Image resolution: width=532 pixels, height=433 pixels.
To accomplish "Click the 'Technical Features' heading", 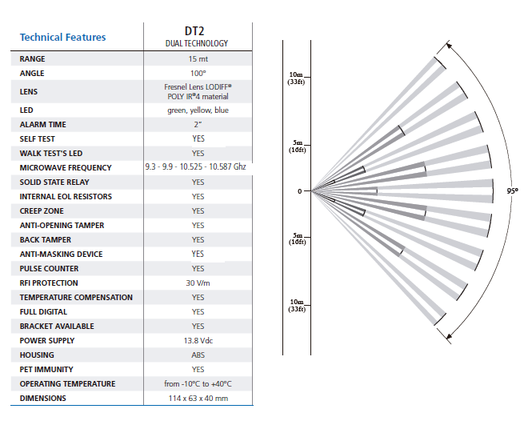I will (62, 37).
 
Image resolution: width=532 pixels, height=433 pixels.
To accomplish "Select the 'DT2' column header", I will (196, 31).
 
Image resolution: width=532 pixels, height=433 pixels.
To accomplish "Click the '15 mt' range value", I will (198, 59).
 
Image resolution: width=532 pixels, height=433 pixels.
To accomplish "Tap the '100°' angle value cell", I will (198, 74).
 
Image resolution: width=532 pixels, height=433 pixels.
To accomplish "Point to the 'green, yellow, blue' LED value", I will (198, 110).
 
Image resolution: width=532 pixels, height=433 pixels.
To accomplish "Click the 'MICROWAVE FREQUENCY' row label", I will (66, 168).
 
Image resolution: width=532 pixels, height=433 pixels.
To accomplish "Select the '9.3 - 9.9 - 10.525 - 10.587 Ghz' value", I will (197, 168).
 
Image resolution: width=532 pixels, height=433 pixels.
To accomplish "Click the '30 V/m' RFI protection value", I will (198, 283).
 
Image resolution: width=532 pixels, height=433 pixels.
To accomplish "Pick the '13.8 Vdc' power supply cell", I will (198, 341).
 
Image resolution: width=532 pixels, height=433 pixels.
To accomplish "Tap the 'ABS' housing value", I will (198, 355).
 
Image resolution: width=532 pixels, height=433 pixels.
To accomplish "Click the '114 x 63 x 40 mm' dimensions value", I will (198, 399).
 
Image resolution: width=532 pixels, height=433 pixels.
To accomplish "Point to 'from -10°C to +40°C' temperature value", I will (198, 384).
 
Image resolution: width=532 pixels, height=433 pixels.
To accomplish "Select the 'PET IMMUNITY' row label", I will (46, 370).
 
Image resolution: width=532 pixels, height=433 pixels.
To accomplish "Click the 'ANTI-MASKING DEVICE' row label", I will (61, 255).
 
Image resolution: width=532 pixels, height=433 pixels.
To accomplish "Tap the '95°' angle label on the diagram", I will (513, 191).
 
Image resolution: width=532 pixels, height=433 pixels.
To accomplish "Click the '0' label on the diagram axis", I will (300, 191).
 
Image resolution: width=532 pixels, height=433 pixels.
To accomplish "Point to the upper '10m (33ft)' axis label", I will (296, 78).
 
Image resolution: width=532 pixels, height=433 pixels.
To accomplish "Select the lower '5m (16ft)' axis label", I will (296, 239).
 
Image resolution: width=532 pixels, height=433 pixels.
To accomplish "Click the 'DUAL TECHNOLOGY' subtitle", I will (197, 43).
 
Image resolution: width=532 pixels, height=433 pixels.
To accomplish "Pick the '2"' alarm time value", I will (198, 125).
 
